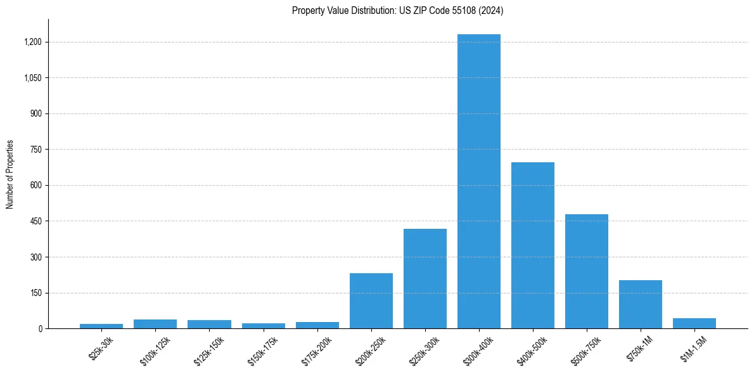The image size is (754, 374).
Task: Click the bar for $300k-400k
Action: point(479,181)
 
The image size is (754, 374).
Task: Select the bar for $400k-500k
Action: point(533,245)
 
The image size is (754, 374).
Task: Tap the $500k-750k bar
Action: point(587,271)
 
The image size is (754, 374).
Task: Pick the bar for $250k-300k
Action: point(425,279)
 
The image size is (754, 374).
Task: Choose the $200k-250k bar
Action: point(371,301)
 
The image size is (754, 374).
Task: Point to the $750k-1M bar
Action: point(641,304)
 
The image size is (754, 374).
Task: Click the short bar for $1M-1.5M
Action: point(694,323)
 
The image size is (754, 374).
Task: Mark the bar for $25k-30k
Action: point(101,326)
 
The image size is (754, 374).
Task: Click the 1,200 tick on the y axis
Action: point(33,42)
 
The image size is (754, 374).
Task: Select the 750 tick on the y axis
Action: point(35,150)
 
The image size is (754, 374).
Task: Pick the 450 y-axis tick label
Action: point(35,221)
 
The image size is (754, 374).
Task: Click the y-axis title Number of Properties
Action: point(10,174)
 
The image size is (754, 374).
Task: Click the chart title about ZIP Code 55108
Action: point(398,10)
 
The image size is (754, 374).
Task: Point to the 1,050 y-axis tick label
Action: point(33,78)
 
